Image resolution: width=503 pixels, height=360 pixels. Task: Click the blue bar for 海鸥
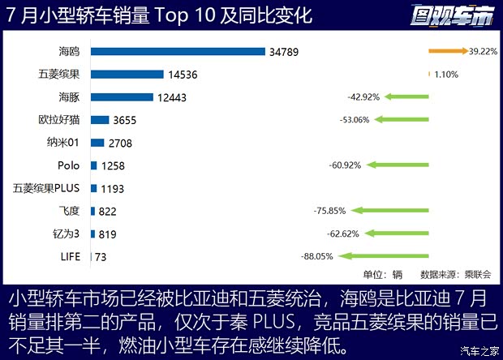[x=178, y=52]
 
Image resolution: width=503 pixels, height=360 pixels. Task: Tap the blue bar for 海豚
[x=123, y=97]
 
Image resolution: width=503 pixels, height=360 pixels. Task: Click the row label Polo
[x=69, y=165]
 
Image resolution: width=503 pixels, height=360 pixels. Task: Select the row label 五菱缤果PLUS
[x=46, y=188]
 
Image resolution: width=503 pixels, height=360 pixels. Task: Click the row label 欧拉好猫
[x=59, y=120]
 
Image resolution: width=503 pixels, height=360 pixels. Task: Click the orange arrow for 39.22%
[x=449, y=51]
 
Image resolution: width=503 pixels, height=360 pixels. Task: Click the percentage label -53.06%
[x=355, y=120]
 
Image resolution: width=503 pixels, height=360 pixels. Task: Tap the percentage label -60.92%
[x=346, y=165]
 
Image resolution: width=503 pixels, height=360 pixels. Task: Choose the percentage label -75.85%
[x=329, y=211]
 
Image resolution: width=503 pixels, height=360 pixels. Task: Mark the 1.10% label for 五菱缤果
[x=447, y=75]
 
